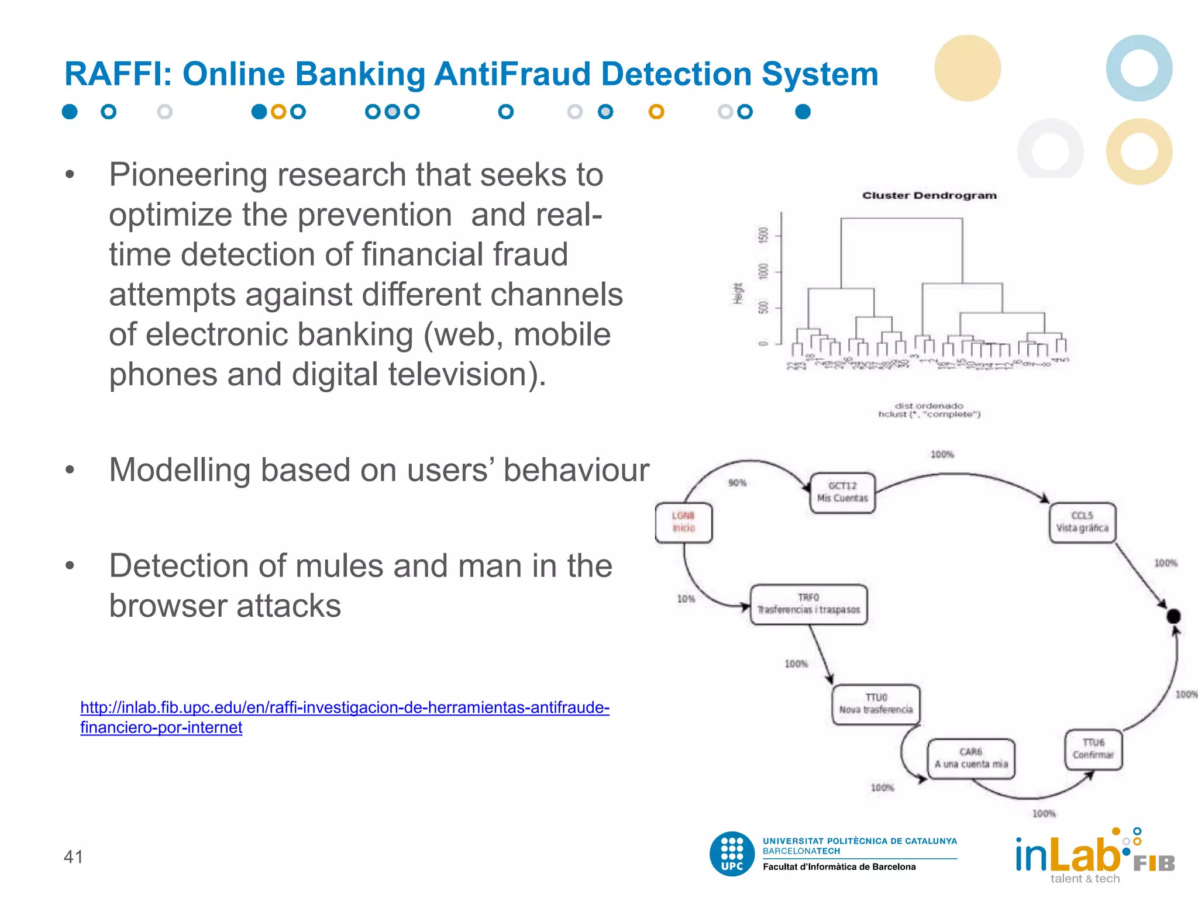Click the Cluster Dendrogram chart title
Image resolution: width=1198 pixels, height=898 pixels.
click(x=929, y=195)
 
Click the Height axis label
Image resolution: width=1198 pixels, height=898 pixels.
click(x=738, y=293)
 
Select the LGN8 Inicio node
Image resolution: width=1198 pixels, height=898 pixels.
click(x=683, y=522)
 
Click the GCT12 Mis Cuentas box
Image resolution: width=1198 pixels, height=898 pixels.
click(x=842, y=492)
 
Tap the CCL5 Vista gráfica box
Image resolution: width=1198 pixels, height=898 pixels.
click(x=1082, y=522)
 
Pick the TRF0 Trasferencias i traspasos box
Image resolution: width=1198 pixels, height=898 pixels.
click(x=808, y=604)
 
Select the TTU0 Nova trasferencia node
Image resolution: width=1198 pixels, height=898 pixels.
click(x=876, y=704)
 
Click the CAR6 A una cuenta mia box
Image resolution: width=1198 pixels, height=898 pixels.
click(x=971, y=758)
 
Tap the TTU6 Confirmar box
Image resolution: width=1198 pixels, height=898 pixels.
click(x=1093, y=749)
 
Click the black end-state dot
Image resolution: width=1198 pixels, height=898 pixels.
click(x=1173, y=616)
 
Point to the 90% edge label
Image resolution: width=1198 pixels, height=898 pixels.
click(x=737, y=483)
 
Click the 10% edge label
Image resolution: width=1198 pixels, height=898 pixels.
click(x=686, y=599)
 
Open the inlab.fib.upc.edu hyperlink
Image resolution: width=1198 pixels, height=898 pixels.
click(x=344, y=708)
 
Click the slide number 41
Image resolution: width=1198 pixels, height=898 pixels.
click(x=73, y=856)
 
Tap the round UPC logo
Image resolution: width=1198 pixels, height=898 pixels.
click(x=732, y=854)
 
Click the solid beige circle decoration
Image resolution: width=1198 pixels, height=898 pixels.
click(x=967, y=68)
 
